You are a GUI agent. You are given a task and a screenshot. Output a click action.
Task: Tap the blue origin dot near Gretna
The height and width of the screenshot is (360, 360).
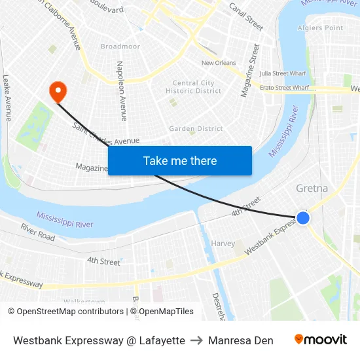[x=302, y=218]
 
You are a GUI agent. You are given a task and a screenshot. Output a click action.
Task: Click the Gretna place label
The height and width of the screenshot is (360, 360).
[x=312, y=189]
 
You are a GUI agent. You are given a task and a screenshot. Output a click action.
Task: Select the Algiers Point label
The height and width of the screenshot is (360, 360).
[x=320, y=27]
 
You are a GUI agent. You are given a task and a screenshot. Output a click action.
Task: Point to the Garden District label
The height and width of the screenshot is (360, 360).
[x=196, y=129]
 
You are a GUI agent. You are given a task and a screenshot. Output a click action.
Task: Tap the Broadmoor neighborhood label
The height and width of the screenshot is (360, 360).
[x=120, y=46]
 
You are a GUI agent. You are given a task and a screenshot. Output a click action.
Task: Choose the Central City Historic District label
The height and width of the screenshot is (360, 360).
[x=193, y=87]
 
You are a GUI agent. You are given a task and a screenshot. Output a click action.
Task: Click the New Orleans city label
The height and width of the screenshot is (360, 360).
[x=219, y=63]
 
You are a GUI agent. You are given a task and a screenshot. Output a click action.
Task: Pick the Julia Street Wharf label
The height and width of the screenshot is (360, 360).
[x=283, y=74]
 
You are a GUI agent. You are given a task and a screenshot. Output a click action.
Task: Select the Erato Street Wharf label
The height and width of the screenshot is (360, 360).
[x=284, y=87]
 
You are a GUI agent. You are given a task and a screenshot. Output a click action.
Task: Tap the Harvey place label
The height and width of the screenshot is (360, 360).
[x=223, y=243]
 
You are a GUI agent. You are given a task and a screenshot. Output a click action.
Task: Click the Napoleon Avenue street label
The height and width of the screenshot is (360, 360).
[x=122, y=91]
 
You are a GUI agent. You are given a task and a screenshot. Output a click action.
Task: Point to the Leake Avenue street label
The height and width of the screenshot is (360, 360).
[x=7, y=97]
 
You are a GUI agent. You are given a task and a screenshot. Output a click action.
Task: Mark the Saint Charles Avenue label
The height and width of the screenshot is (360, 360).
[x=106, y=133]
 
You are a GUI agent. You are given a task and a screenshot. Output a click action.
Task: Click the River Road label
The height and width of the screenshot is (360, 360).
[x=37, y=232]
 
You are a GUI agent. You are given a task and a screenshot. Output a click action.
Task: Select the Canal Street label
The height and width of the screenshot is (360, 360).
[x=245, y=16]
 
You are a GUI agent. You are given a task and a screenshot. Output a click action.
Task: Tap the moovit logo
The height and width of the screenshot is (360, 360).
[x=321, y=340]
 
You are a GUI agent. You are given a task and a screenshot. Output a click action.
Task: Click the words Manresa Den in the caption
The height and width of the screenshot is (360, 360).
[x=241, y=340]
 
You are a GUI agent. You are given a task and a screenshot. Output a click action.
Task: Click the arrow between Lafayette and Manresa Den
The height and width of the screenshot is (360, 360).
[x=196, y=340]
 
